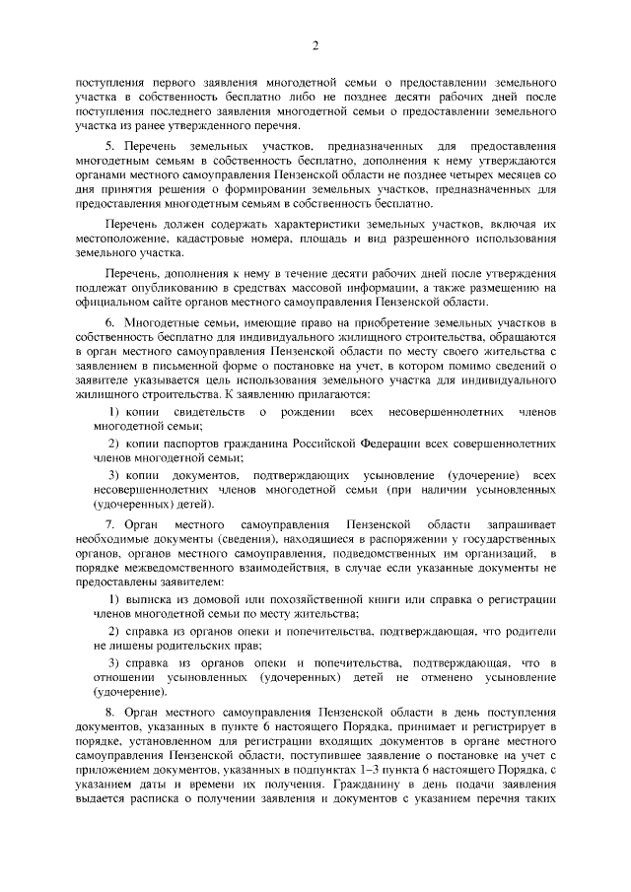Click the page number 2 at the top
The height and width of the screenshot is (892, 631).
[x=315, y=45]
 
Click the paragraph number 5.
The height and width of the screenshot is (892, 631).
[x=109, y=146]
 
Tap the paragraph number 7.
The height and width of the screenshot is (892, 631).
[x=109, y=518]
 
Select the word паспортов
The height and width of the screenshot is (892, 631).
[x=189, y=445]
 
